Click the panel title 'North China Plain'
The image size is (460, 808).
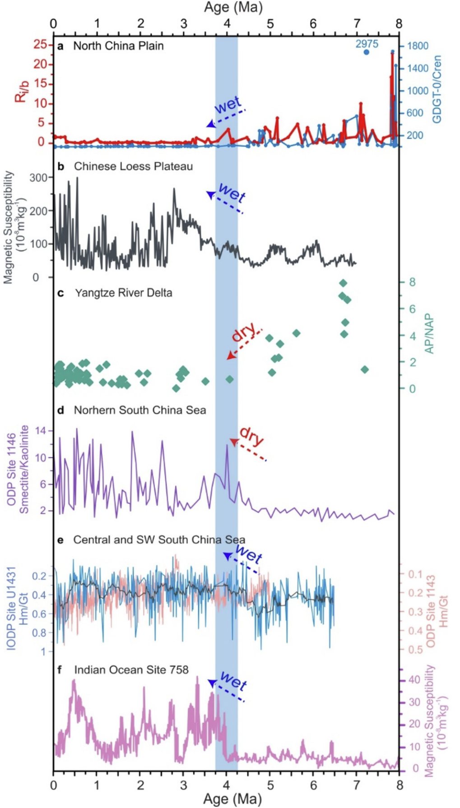(x=118, y=46)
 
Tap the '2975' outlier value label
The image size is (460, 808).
(x=367, y=44)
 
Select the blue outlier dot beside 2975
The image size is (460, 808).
(x=367, y=52)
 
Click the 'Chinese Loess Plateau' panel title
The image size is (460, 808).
(x=133, y=166)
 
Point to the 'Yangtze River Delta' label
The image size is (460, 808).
(x=123, y=293)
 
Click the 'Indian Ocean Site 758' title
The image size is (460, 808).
(x=131, y=669)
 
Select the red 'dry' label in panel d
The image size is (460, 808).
(x=251, y=435)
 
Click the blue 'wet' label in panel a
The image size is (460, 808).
(x=228, y=106)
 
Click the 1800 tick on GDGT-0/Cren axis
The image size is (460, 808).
(x=418, y=46)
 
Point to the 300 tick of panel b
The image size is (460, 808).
(x=38, y=177)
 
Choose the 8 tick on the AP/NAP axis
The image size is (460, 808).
(x=412, y=282)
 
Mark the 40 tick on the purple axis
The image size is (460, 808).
(x=414, y=679)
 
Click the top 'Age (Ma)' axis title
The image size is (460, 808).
(x=233, y=7)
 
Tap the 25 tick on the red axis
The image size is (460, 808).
(x=40, y=44)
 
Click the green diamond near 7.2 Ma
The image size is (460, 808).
(x=365, y=369)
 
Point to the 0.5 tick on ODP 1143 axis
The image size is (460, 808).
(x=415, y=650)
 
